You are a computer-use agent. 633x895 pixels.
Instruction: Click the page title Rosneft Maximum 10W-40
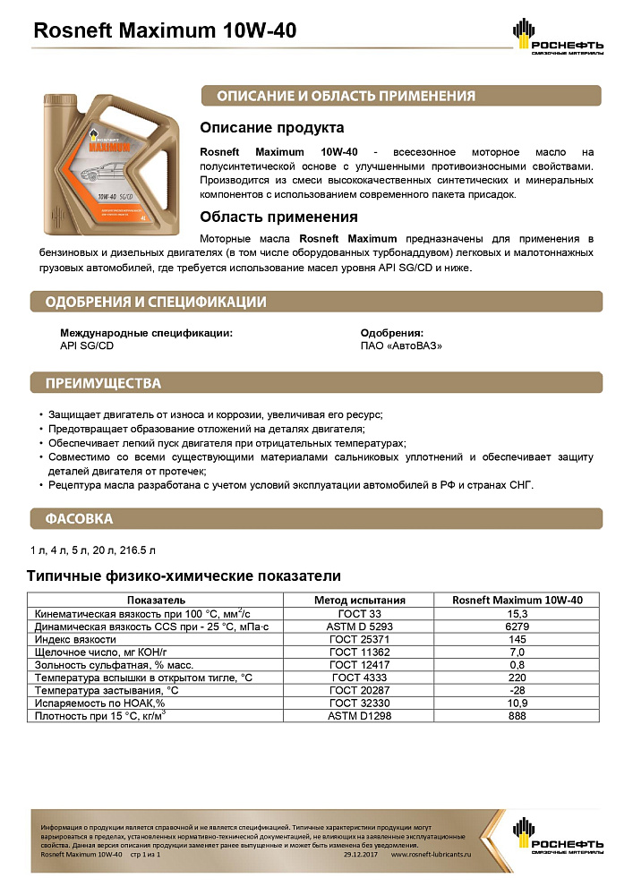click(x=164, y=31)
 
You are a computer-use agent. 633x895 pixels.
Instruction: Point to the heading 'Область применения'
click(x=278, y=217)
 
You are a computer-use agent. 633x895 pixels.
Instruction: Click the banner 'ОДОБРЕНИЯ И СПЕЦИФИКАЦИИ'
click(x=156, y=302)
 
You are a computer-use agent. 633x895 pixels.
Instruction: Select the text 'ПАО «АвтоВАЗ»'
click(x=401, y=345)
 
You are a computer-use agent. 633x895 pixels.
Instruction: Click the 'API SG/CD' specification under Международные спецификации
click(x=87, y=345)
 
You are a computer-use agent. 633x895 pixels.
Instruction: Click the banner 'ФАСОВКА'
click(x=80, y=518)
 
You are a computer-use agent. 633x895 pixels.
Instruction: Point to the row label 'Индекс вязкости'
click(x=75, y=640)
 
